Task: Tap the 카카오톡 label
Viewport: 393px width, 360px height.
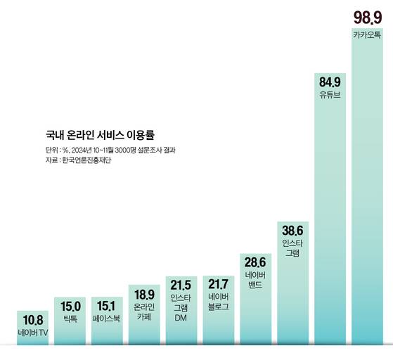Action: tap(368, 34)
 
